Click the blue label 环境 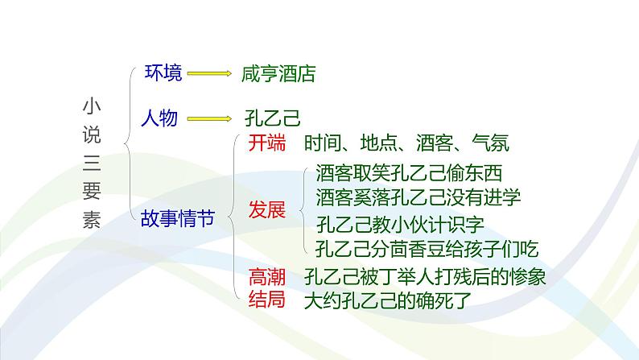[163, 73]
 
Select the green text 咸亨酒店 [278, 74]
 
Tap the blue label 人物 [159, 118]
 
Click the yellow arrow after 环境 [209, 73]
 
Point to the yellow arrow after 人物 [209, 118]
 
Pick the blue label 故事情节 [178, 218]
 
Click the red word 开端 [267, 143]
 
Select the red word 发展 [267, 210]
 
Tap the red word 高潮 [267, 277]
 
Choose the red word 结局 [267, 300]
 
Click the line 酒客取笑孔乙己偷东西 [409, 173]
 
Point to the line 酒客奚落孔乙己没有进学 [418, 197]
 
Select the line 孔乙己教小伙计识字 [400, 224]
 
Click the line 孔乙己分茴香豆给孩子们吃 [427, 249]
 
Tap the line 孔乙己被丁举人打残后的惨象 [425, 277]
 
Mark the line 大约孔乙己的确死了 [388, 301]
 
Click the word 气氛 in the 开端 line [491, 143]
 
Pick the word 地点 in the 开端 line [378, 143]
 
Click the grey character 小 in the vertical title [92, 106]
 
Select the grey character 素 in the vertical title [92, 219]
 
